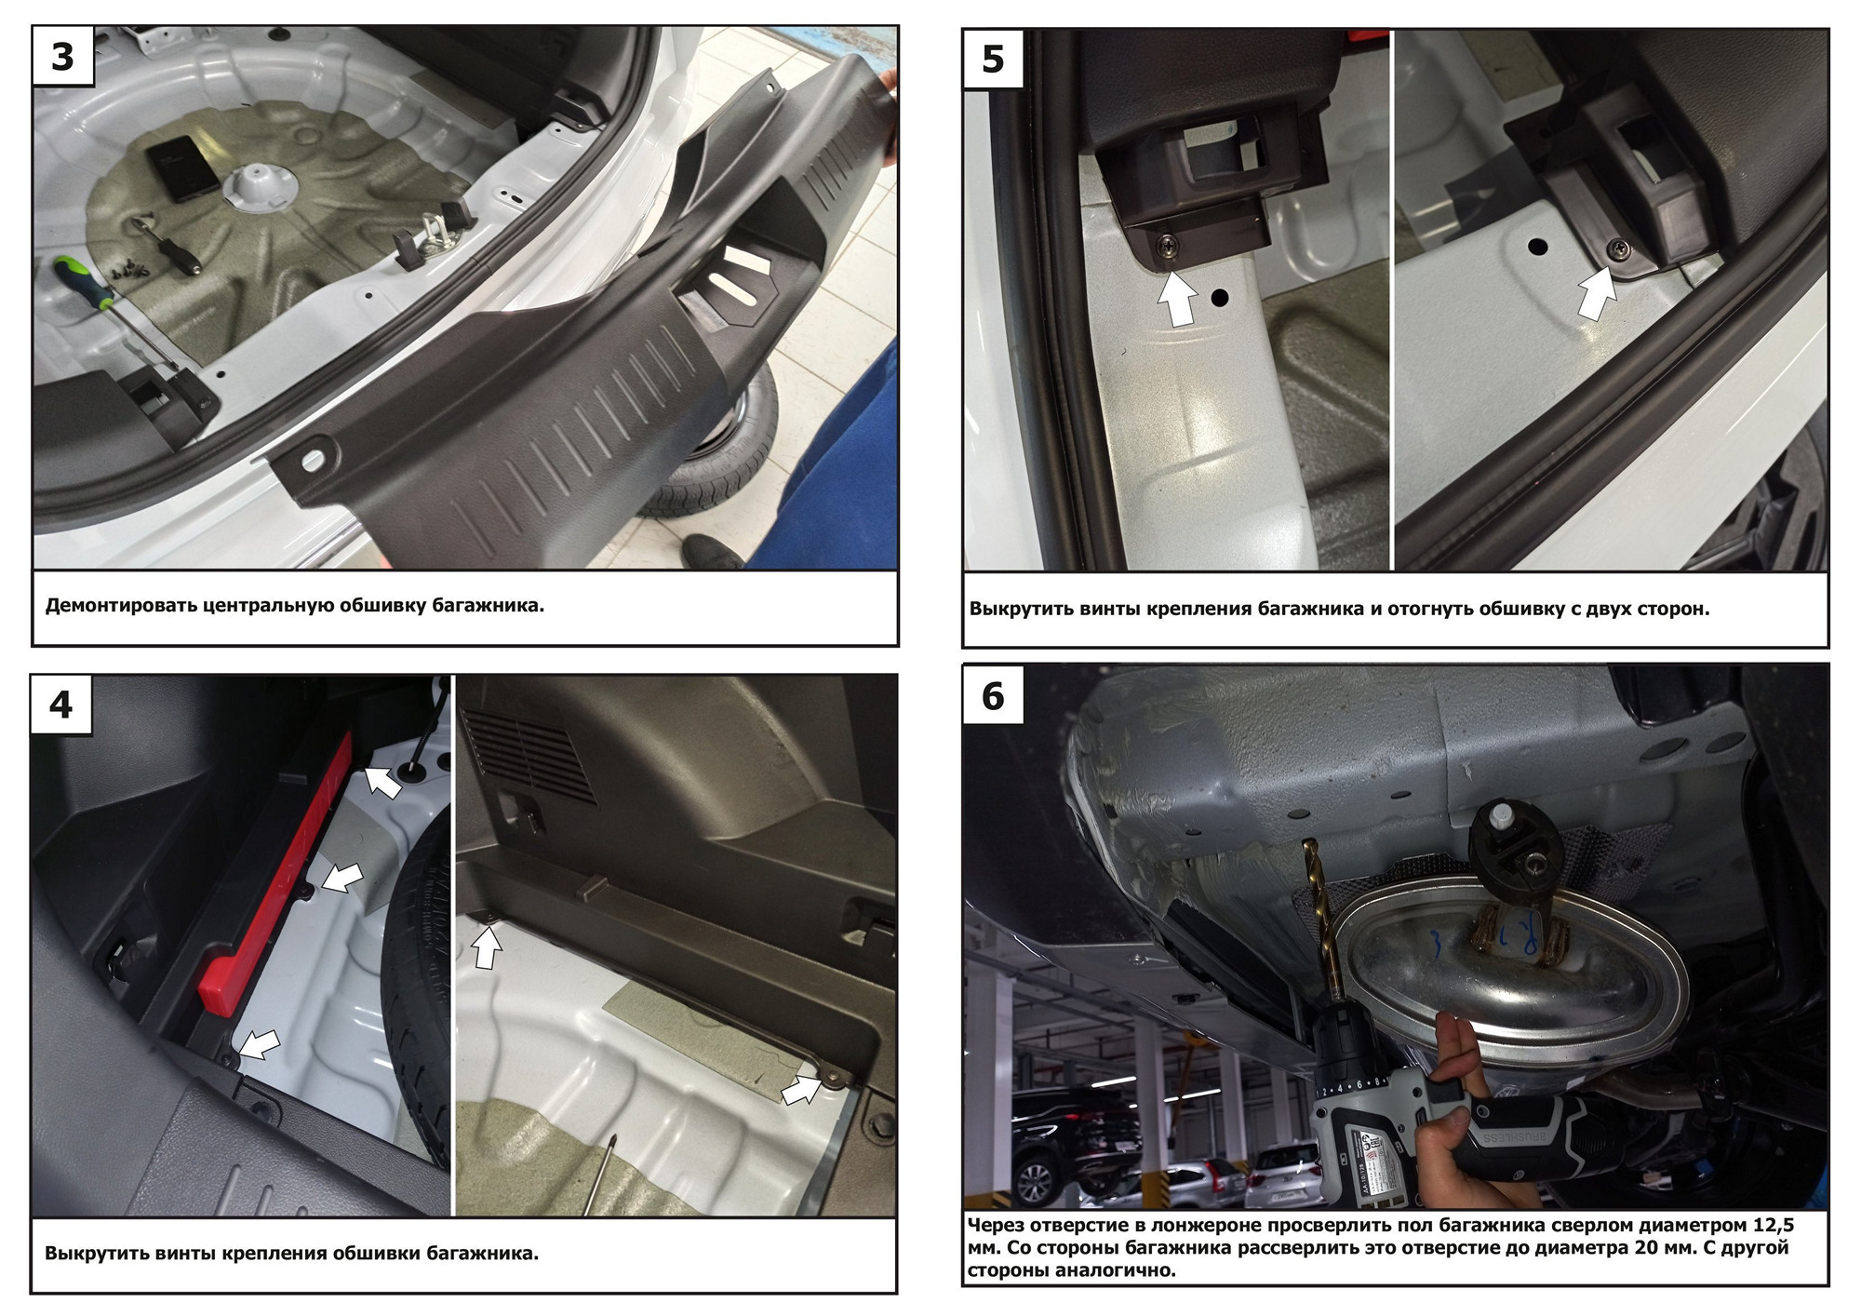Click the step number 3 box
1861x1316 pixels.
[x=62, y=57]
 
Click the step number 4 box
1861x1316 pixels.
[x=61, y=705]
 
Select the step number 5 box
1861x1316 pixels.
[x=994, y=60]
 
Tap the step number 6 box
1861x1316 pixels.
[x=994, y=695]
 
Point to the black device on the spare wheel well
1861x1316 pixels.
[x=181, y=168]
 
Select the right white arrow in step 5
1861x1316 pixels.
[x=1599, y=293]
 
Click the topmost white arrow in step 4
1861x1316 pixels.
[x=382, y=780]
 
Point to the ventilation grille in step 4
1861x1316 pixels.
[x=529, y=754]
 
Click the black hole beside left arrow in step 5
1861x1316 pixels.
[x=1220, y=299]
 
